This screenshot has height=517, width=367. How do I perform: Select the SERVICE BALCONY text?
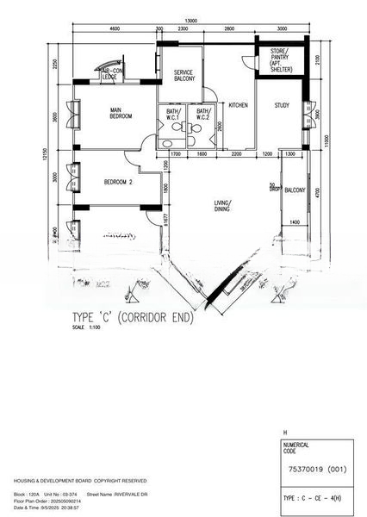coord(183,75)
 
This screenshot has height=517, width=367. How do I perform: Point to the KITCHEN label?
coord(238,105)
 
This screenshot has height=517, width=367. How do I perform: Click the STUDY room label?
coord(282,105)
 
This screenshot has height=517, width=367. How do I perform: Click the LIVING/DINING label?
coord(227,206)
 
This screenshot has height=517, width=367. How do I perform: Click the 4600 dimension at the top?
coord(115,30)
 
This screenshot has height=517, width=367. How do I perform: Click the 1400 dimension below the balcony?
coord(294,222)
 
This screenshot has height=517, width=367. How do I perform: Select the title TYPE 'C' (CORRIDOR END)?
coord(134,317)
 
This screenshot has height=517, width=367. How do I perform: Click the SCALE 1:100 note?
coord(86,327)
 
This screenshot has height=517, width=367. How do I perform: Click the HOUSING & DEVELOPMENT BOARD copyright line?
coord(79,480)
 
